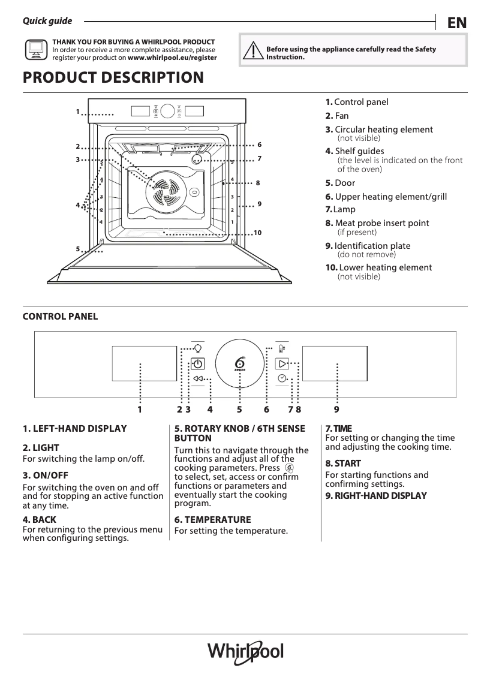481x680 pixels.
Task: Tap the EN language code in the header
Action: [x=456, y=23]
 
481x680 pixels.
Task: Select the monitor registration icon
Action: [x=36, y=50]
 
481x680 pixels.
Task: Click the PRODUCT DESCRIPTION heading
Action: [x=113, y=78]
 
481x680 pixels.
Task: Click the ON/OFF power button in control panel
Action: [x=198, y=363]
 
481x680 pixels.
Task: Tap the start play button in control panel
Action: [x=282, y=363]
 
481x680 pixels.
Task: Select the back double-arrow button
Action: [x=199, y=379]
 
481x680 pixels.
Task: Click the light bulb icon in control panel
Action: [x=198, y=348]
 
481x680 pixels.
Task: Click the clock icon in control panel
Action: [x=282, y=378]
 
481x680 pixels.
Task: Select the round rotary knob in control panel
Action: [x=240, y=364]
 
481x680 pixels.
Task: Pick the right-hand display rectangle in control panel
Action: [x=334, y=363]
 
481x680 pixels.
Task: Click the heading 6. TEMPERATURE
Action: [x=212, y=520]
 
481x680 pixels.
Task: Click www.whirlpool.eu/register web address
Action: [x=172, y=58]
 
